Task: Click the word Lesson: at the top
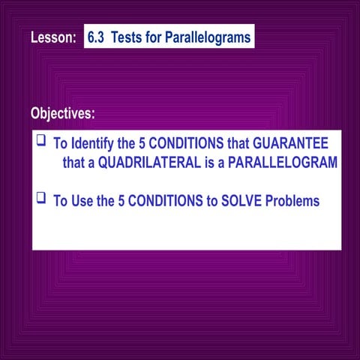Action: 53,38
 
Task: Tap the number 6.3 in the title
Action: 97,37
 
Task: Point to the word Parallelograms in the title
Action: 209,37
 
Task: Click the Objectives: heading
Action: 63,113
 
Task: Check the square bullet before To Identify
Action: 41,140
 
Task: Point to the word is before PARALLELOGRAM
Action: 208,163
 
